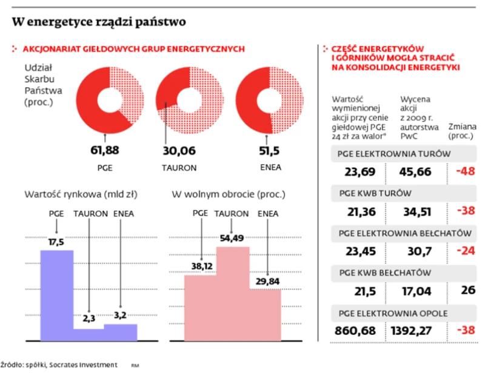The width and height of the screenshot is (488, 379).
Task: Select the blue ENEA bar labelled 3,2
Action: pos(120,332)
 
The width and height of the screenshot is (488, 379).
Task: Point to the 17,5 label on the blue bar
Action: pos(56,242)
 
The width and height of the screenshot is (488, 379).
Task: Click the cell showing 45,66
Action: pos(415,171)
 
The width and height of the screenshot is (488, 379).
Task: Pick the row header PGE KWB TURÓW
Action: pos(375,193)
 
